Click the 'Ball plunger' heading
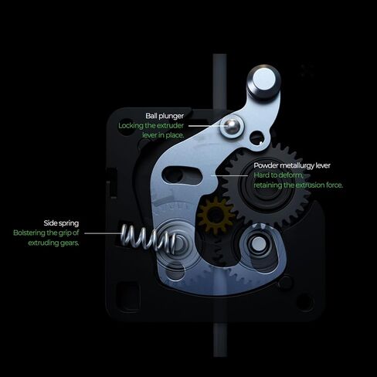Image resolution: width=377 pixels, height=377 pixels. [165, 116]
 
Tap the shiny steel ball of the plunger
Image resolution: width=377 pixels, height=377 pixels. [231, 125]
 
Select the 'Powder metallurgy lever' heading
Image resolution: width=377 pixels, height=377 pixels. [292, 165]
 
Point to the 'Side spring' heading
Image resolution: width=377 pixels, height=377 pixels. [61, 223]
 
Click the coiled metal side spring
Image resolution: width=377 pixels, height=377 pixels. [148, 237]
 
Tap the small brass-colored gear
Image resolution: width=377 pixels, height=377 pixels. [215, 215]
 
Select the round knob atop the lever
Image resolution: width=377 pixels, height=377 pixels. [263, 80]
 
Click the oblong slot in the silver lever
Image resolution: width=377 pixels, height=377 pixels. [182, 175]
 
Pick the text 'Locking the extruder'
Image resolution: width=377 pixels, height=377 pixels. [151, 126]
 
